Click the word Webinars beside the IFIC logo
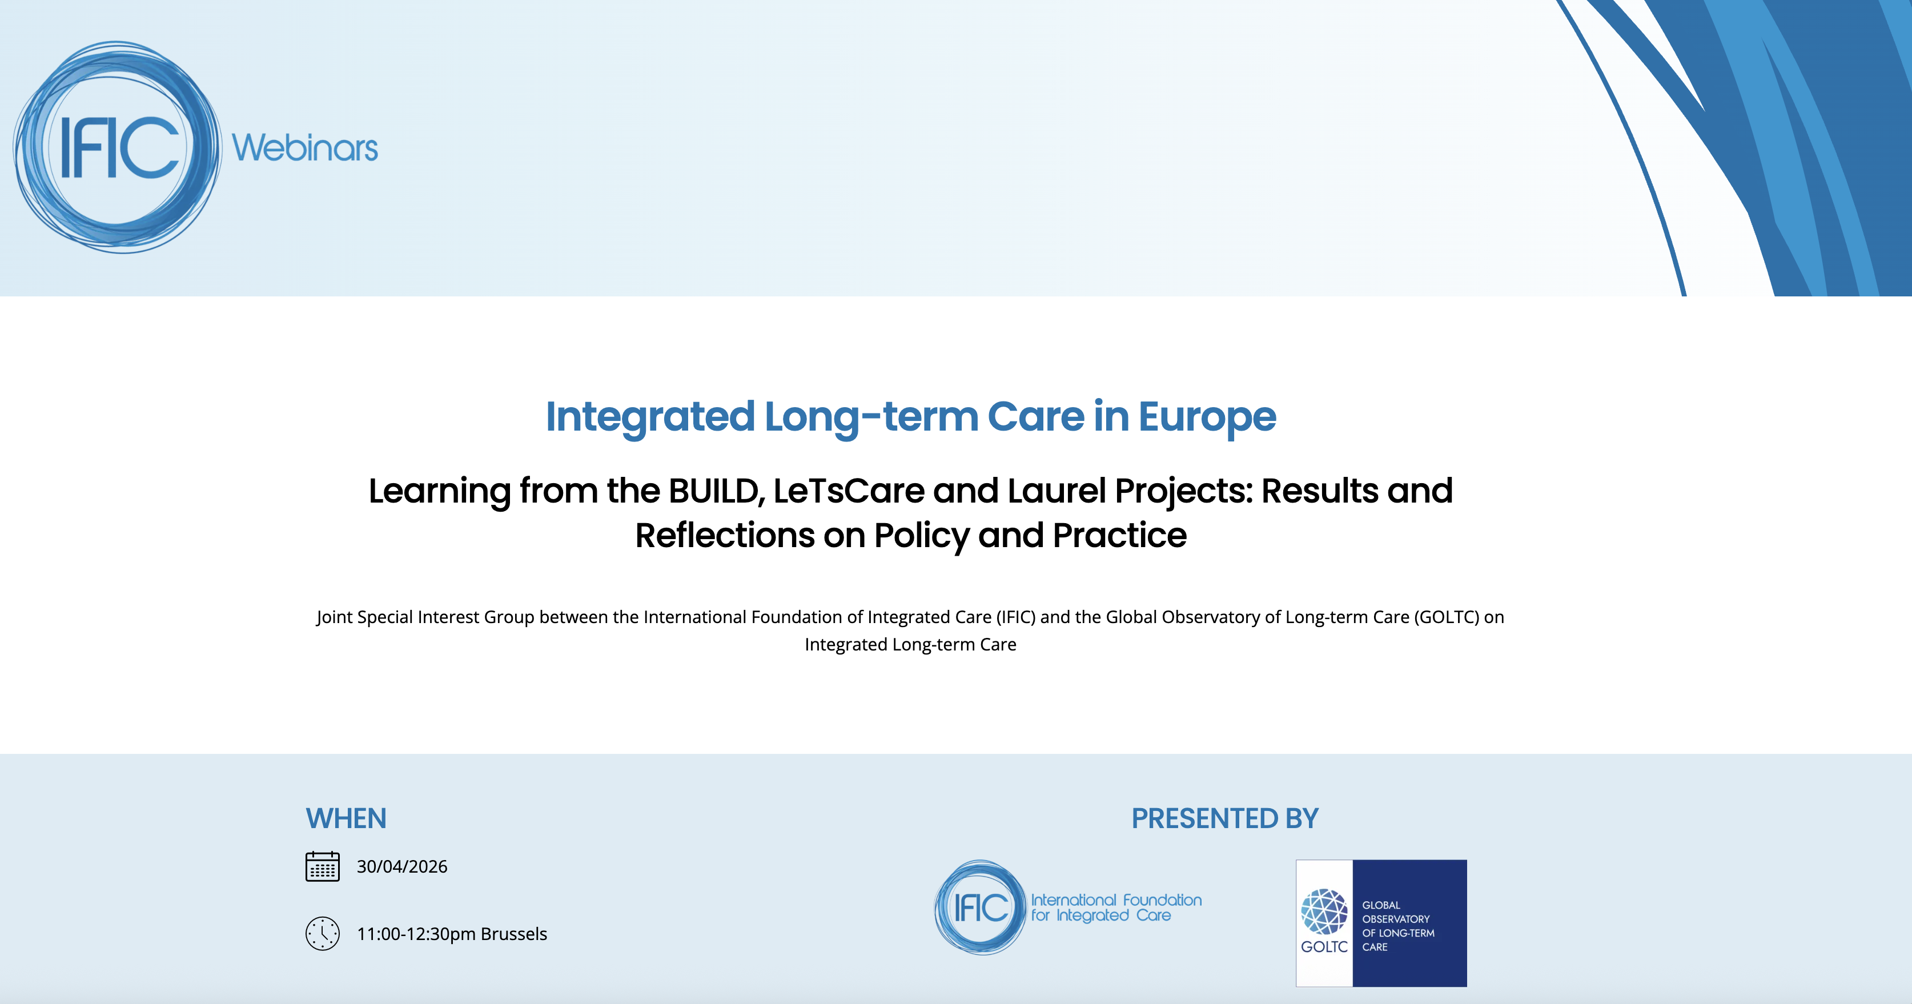(305, 148)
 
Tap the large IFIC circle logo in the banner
(117, 147)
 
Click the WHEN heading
(346, 818)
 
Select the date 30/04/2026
(401, 867)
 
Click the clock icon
(322, 934)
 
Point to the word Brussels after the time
(513, 934)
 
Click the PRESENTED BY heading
(1224, 818)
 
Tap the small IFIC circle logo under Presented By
(981, 907)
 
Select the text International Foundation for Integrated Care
(1115, 907)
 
